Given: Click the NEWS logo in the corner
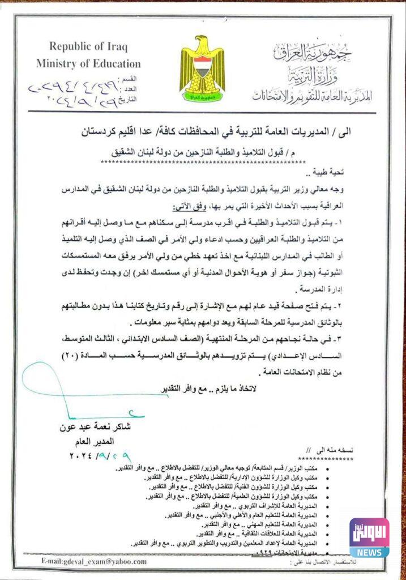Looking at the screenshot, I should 369,538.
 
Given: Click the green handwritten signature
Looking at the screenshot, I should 62,391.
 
